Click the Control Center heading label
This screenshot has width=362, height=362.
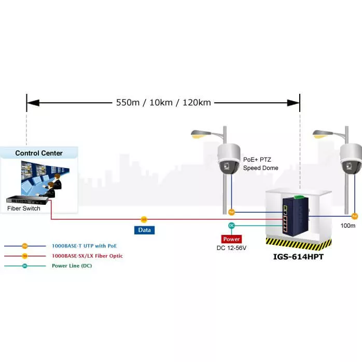39,153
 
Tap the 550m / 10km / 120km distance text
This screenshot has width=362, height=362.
163,102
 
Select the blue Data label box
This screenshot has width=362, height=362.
144,230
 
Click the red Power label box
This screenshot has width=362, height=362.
231,239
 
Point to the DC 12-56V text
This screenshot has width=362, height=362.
231,248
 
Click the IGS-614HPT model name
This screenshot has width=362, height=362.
298,257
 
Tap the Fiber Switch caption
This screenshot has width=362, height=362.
23,208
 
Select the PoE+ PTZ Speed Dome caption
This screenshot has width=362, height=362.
261,164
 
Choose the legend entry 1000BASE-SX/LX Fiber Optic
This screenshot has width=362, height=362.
87,256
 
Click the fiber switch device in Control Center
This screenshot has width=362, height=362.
29,199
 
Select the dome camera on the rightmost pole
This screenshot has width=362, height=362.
351,158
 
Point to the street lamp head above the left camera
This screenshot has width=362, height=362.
199,134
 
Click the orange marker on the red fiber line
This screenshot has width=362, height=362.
144,220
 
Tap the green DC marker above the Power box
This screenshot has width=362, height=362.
231,225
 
